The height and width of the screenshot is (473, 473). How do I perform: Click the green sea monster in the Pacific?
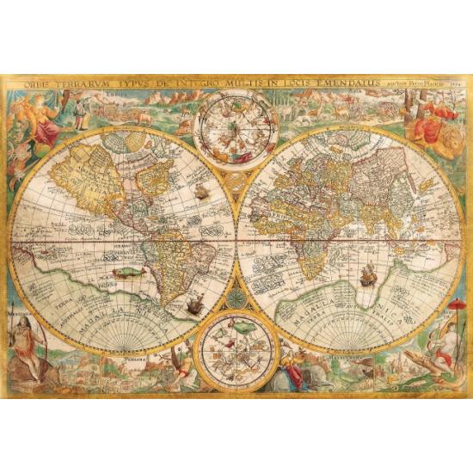tap(126, 273)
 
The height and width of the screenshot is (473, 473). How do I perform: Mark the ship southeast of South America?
tap(194, 303)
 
